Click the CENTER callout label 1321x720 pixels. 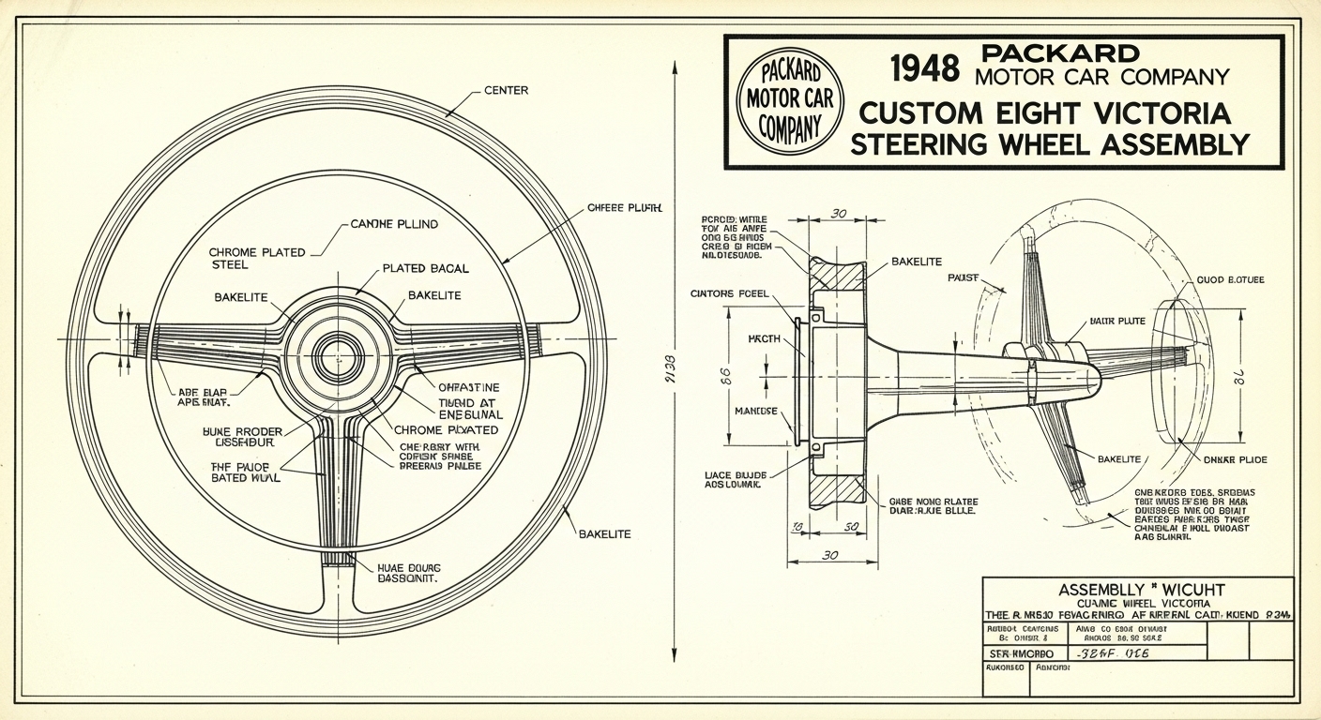[506, 91]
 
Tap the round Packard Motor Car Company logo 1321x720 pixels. [790, 99]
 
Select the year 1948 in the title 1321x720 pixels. [925, 68]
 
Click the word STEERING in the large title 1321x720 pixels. [941, 144]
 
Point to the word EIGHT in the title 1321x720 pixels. [1034, 113]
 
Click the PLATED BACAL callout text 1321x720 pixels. [425, 269]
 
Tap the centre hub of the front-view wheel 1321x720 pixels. [337, 356]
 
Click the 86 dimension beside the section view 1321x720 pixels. [724, 375]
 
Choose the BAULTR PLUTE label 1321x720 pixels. [1116, 322]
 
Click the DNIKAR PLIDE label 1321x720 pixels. [1235, 460]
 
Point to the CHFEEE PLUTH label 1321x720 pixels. [624, 207]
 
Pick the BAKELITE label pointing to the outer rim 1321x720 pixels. [604, 534]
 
